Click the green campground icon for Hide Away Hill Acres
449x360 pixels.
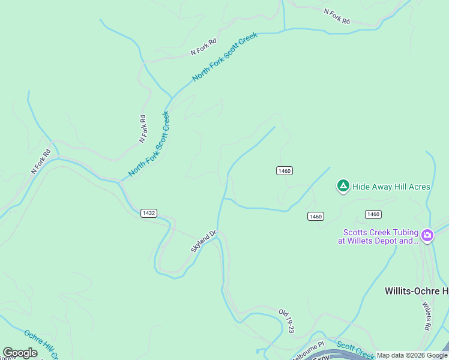[x=343, y=186]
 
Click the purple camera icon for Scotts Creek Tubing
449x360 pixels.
[x=427, y=235]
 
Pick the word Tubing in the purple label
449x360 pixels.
[x=405, y=233]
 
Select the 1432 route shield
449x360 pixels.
[x=149, y=213]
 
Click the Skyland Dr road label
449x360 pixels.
[x=203, y=242]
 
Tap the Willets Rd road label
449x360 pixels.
[x=427, y=316]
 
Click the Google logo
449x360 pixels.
[x=20, y=353]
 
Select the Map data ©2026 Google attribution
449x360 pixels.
[x=412, y=356]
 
